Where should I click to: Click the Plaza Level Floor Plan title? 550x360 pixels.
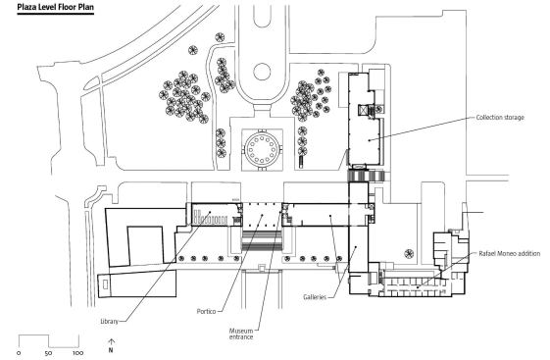point(56,7)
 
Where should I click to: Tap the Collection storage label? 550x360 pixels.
point(500,117)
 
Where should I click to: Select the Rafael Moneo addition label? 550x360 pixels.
point(509,253)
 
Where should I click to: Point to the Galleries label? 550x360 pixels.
point(315,297)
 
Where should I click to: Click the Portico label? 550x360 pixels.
point(206,311)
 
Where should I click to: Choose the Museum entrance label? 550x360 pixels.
point(241,334)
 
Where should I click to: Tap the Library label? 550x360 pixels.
point(109,321)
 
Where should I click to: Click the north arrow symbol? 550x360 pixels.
point(111,342)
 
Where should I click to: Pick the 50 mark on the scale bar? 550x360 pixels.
point(48,352)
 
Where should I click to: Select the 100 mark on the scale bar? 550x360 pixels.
point(77,352)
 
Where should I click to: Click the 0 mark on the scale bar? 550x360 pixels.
point(19,352)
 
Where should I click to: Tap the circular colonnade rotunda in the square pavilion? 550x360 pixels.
point(262,148)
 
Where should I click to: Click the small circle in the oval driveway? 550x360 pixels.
point(262,72)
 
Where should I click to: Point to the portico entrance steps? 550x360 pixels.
point(262,240)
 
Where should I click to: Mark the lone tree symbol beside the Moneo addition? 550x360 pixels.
point(409,253)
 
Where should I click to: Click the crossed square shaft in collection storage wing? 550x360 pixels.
point(363,110)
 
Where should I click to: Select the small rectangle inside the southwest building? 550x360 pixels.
point(106,283)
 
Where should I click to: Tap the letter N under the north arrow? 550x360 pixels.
point(111,350)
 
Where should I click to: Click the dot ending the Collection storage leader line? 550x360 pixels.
point(369,140)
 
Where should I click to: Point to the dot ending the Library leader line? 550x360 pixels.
point(210,212)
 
